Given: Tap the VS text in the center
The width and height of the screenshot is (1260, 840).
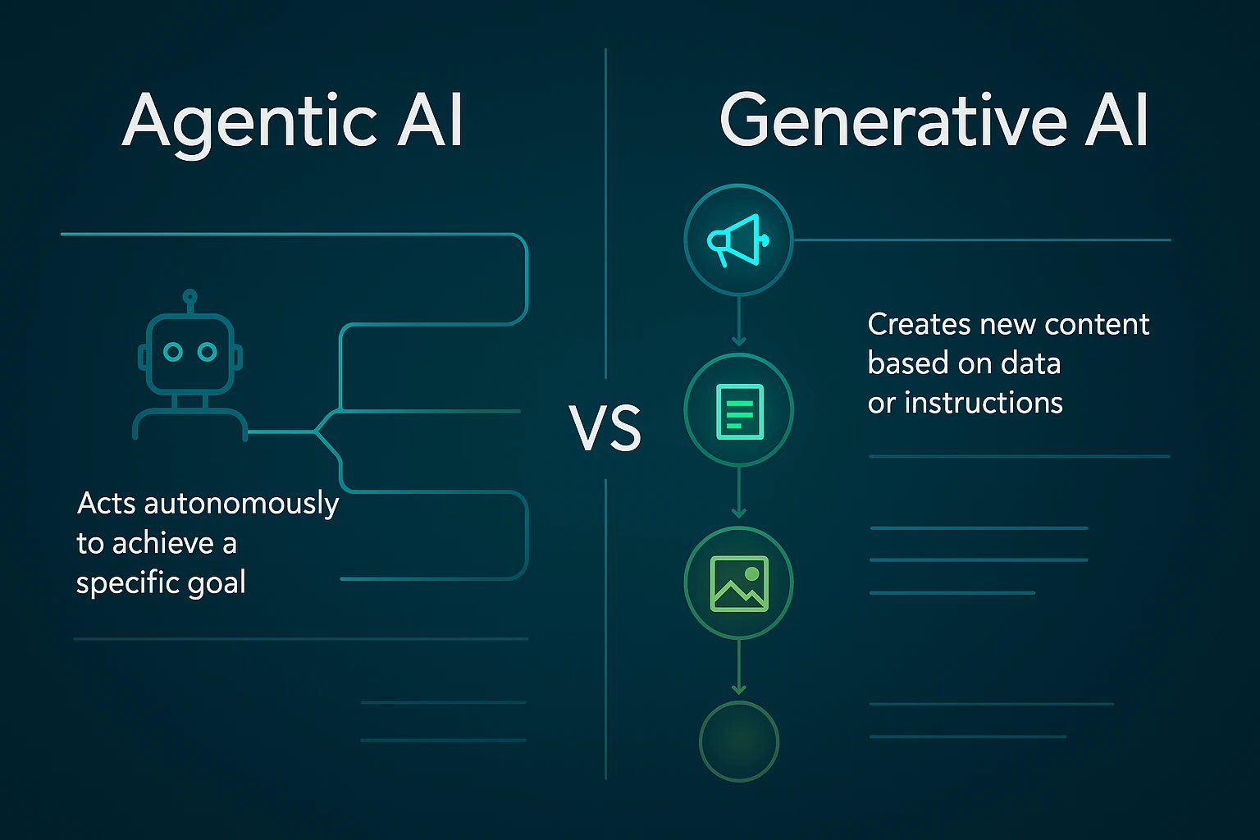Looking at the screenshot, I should [x=605, y=428].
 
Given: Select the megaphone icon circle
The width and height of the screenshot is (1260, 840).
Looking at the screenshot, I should [x=738, y=240].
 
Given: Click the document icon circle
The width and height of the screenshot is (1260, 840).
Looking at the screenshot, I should [x=739, y=410].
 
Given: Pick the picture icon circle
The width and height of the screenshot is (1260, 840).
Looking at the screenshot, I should [x=739, y=582].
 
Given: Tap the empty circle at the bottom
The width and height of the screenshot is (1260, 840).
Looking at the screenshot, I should [x=739, y=741].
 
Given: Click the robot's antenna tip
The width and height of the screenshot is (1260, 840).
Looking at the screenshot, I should [x=190, y=296].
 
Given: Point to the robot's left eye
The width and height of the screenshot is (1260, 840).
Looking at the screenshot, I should [x=172, y=352].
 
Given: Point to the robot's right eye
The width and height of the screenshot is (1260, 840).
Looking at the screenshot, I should [x=208, y=352].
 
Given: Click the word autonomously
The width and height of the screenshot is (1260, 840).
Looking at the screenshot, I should [x=241, y=504].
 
